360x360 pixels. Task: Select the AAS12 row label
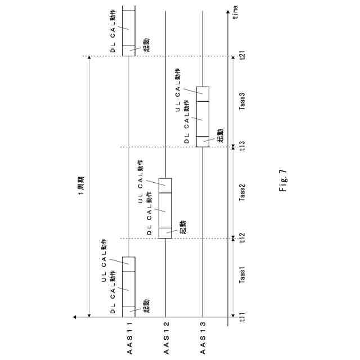coord(165,340)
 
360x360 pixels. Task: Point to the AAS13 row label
coord(202,340)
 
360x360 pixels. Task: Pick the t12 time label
coord(242,238)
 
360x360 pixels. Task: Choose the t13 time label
coord(242,147)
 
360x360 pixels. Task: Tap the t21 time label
coord(242,56)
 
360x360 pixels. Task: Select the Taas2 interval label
coord(242,193)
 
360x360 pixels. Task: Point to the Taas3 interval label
coord(242,102)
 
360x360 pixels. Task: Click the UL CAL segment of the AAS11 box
coord(129,264)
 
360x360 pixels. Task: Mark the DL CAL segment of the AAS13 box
coord(202,118)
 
